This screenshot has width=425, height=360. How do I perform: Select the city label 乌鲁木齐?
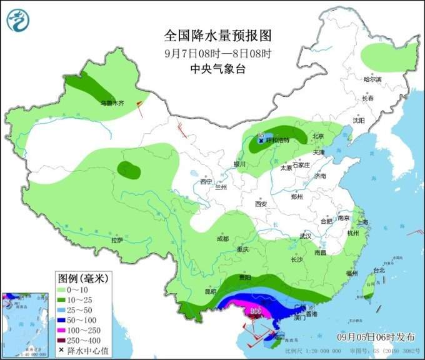coord(113,102)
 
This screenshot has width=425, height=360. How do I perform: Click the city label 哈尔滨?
coord(372,79)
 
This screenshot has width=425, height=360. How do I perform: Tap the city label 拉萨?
coord(117,240)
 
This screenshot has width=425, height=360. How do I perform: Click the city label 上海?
coord(363,222)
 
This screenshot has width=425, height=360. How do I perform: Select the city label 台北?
coord(379,271)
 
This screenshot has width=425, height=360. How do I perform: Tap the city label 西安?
coord(261,204)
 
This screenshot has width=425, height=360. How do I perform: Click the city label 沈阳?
coord(358,121)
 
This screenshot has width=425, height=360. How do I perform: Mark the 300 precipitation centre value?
coord(256,311)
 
